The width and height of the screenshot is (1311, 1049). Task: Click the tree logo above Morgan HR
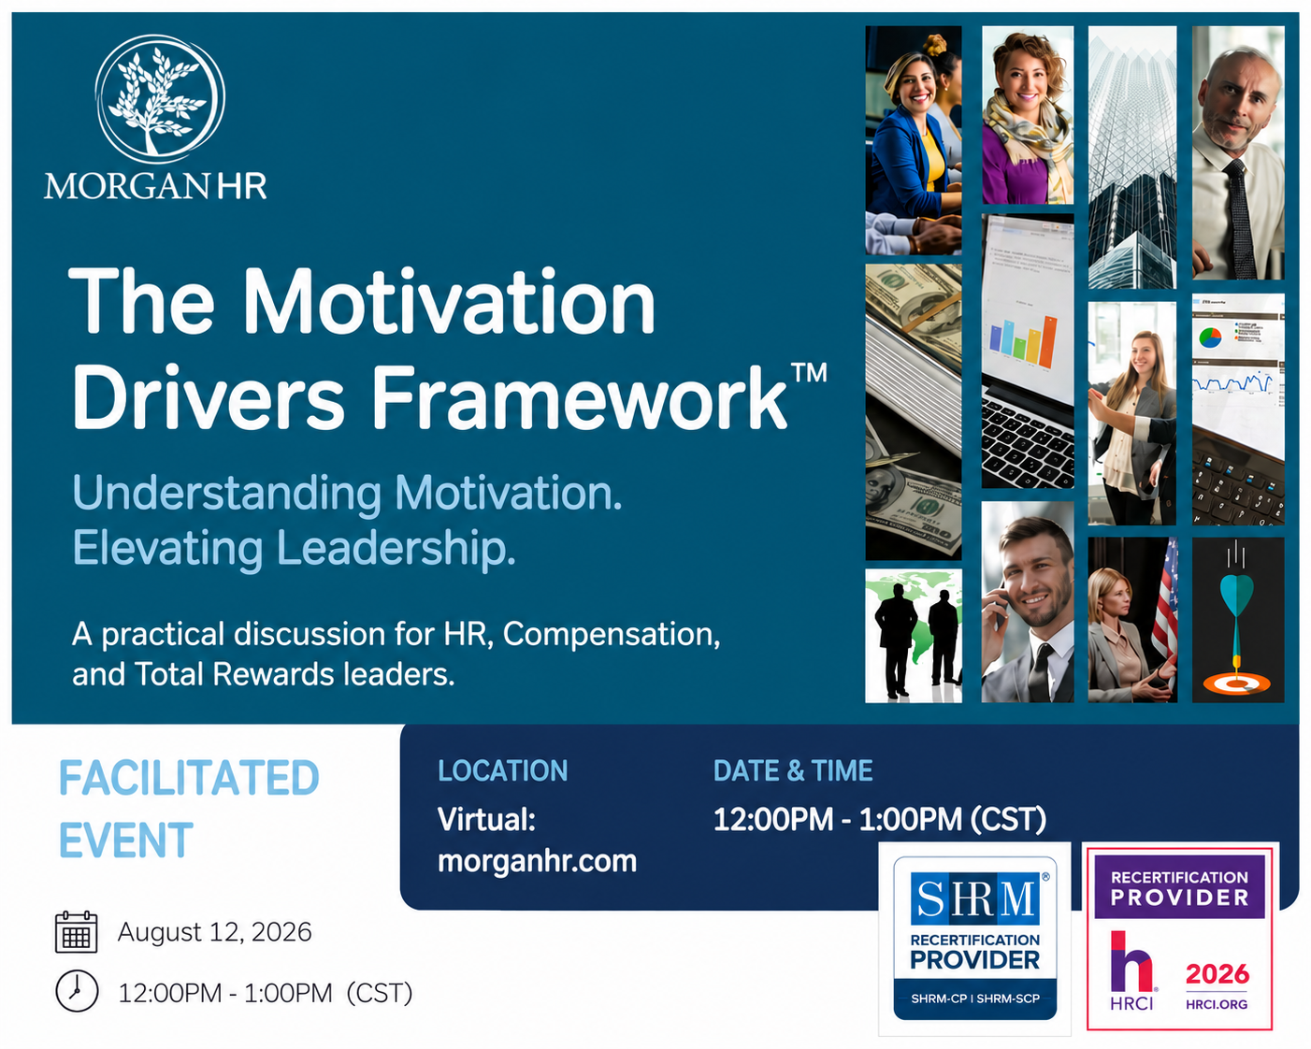[x=160, y=99]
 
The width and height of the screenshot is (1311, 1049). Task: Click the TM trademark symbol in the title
[x=809, y=371]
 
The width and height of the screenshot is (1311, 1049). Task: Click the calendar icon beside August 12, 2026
[x=76, y=931]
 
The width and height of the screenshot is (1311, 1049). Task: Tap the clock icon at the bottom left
[x=77, y=992]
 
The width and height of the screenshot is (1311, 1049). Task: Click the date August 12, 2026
[x=214, y=932]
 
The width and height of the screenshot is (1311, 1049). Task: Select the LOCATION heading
[x=502, y=770]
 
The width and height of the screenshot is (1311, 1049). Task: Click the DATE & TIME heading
[x=793, y=770]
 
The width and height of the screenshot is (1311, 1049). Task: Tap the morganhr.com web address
[x=537, y=861]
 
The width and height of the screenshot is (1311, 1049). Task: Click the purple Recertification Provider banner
[x=1179, y=887]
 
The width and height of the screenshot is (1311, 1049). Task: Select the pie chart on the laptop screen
[x=1211, y=337]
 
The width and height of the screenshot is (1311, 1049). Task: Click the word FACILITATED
[x=189, y=778]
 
